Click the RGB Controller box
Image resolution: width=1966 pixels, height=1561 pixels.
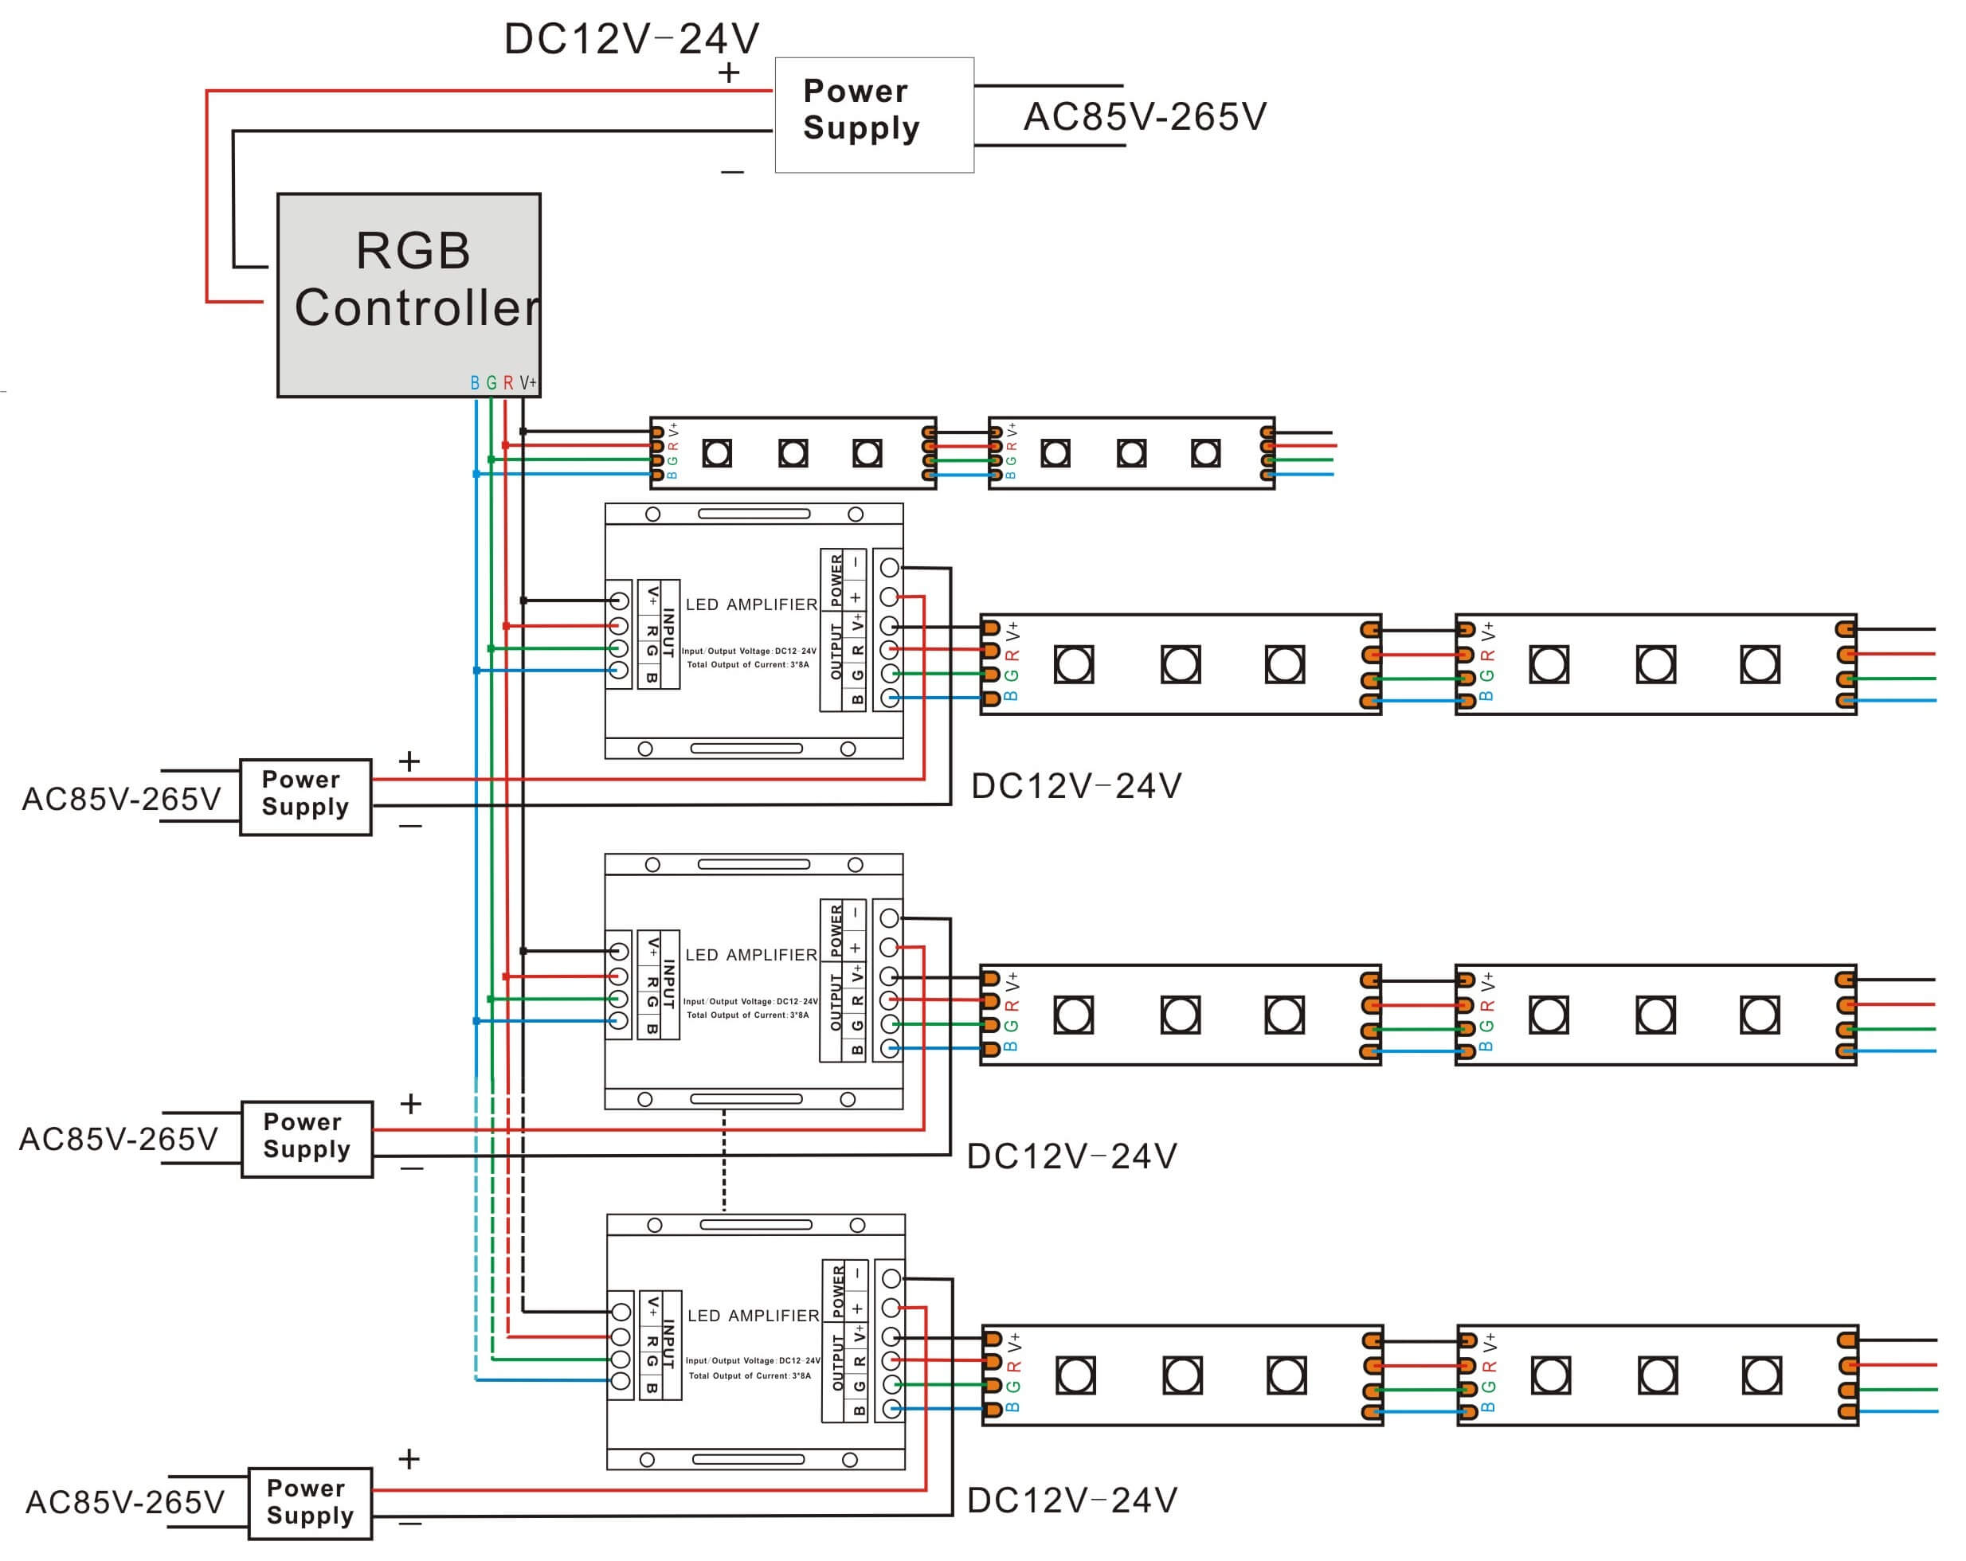pyautogui.click(x=409, y=295)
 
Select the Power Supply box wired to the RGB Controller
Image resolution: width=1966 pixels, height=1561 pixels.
pyautogui.click(x=874, y=115)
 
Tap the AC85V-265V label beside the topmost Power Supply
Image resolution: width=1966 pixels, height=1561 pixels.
pyautogui.click(x=1145, y=117)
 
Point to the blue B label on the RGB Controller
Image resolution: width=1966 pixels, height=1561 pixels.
pyautogui.click(x=474, y=383)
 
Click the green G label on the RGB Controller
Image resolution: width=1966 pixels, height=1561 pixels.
pyautogui.click(x=491, y=383)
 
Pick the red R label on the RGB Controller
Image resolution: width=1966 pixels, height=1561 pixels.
pyautogui.click(x=508, y=383)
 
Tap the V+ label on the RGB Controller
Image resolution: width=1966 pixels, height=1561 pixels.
pyautogui.click(x=528, y=383)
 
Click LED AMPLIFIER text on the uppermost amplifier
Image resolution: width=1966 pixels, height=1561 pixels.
pyautogui.click(x=751, y=604)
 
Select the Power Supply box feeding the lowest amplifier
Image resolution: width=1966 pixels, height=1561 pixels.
pyautogui.click(x=310, y=1504)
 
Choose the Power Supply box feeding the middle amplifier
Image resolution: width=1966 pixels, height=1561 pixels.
pyautogui.click(x=307, y=1139)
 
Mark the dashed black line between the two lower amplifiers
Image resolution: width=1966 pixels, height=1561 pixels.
pyautogui.click(x=724, y=1160)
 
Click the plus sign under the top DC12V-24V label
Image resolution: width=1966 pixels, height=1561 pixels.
pyautogui.click(x=729, y=73)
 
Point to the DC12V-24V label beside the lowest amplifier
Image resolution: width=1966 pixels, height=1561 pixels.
pyautogui.click(x=1072, y=1500)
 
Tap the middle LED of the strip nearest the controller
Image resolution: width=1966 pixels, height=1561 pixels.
pyautogui.click(x=793, y=453)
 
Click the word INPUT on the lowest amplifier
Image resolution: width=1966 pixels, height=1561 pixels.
pyautogui.click(x=668, y=1344)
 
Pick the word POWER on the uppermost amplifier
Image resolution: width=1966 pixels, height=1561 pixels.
pyautogui.click(x=836, y=581)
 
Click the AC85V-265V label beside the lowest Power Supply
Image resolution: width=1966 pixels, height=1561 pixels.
pyautogui.click(x=125, y=1503)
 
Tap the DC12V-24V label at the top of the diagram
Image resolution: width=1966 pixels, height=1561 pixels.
pyautogui.click(x=631, y=39)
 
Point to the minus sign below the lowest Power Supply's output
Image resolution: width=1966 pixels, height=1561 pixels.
pyautogui.click(x=410, y=1524)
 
